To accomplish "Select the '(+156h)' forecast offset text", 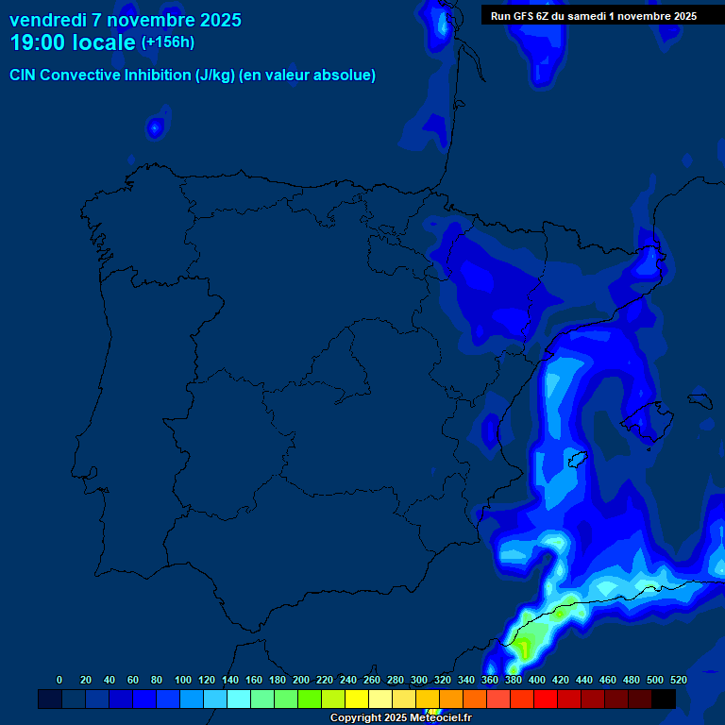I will point(168,42).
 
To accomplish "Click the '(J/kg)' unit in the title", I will point(214,76).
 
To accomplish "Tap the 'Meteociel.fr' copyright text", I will point(437,718).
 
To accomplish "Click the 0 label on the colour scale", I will point(59,680).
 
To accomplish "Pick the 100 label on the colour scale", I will point(183,680).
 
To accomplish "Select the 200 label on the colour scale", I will point(301,680).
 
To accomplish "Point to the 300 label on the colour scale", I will point(419,680).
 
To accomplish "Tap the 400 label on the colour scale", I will point(537,680).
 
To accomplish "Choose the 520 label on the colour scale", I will point(678,680).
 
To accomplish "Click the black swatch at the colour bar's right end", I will point(664,699).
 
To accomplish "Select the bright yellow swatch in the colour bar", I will point(357,699).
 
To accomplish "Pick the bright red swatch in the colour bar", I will point(546,699).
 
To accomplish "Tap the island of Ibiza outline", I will point(577,459).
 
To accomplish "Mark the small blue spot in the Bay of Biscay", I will point(156,126).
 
